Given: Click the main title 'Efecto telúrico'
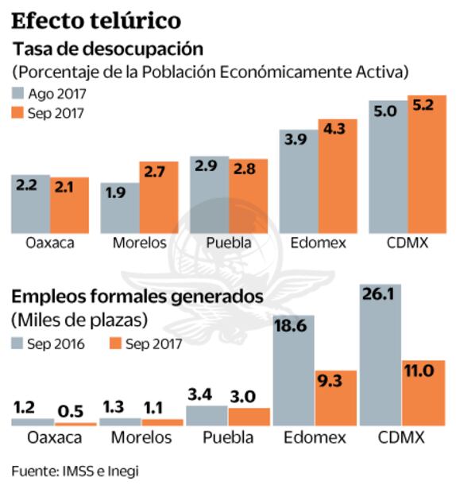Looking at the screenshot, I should (x=96, y=19).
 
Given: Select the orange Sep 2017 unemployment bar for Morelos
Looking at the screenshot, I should (x=159, y=199).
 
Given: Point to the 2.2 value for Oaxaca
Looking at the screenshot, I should (x=30, y=185).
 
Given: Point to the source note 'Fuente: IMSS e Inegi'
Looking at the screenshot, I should (x=75, y=471).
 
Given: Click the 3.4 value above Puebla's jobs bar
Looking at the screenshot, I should (x=205, y=394).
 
